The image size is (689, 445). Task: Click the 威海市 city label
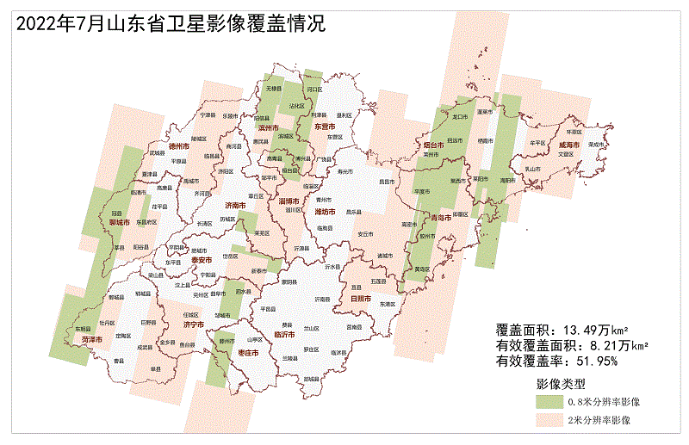tap(570, 145)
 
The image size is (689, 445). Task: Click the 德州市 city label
tap(179, 147)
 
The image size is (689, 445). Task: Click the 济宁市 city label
tap(194, 325)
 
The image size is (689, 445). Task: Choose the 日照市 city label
tap(360, 298)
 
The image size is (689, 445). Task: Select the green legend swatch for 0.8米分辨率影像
tap(548, 402)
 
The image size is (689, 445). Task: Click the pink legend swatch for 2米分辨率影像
tap(548, 420)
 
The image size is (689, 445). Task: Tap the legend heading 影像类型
tap(561, 382)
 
